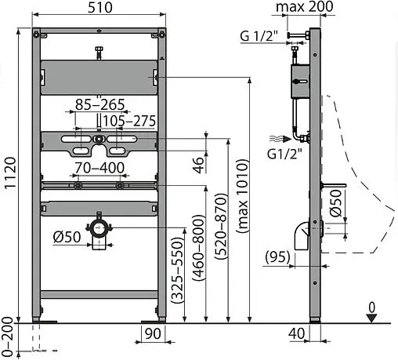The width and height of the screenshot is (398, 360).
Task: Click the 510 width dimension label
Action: point(100,7)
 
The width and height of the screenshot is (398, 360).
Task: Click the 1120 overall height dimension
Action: point(10,173)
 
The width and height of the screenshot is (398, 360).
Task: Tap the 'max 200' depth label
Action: point(305,6)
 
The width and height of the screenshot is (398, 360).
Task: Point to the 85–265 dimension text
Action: point(99,104)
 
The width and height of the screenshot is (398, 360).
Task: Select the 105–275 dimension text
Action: point(129,121)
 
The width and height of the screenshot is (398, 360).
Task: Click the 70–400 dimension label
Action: point(99,168)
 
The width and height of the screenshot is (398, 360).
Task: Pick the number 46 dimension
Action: point(198,165)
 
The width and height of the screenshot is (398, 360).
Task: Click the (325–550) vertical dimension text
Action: point(177,270)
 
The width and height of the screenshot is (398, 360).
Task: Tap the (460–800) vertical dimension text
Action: point(198,248)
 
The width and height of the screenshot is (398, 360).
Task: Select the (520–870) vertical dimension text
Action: point(220,227)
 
